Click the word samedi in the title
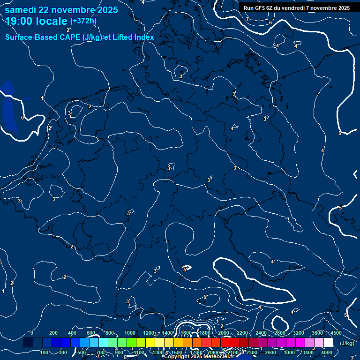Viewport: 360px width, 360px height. [22, 10]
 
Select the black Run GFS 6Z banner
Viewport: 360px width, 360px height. [296, 7]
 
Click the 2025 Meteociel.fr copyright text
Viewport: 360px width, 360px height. [199, 357]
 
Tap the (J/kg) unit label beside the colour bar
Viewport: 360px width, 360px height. [347, 343]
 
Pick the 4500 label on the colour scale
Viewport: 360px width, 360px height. [336, 333]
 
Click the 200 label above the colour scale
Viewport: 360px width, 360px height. [53, 333]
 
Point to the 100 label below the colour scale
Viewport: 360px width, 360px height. [45, 352]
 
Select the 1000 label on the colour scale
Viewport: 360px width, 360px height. [130, 333]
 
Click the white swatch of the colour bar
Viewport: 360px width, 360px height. [328, 343]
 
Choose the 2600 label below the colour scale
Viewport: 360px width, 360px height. [270, 352]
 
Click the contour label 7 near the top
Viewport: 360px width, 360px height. [247, 19]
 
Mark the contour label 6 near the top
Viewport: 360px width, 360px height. [270, 22]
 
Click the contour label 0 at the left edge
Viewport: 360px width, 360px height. [22, 118]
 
